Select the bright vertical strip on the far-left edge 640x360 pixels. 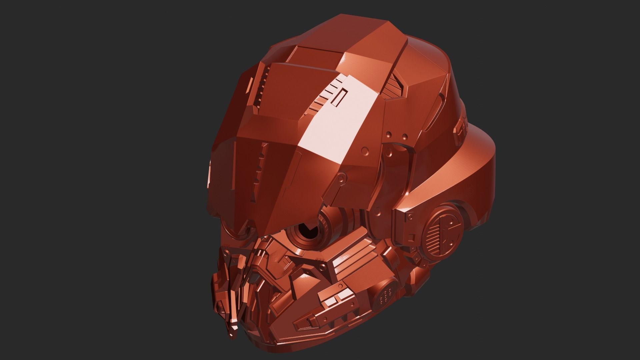coord(209,173)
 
